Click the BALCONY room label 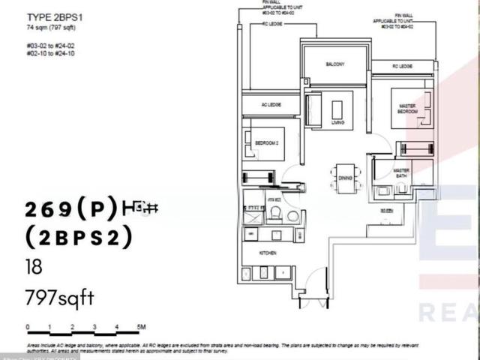(x=334, y=64)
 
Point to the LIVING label (x=337, y=121)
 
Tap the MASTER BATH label (x=402, y=172)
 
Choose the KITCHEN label (x=268, y=253)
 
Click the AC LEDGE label (x=271, y=104)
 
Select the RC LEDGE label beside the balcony (x=403, y=67)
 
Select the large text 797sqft (x=60, y=298)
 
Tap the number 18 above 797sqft (x=33, y=268)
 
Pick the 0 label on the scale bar (x=27, y=328)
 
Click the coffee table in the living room (x=337, y=109)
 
